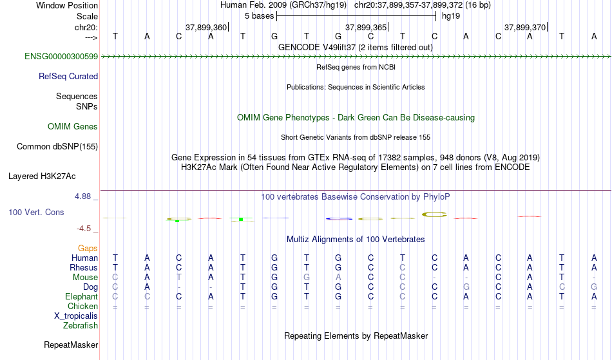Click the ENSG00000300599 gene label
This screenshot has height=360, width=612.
[x=61, y=57]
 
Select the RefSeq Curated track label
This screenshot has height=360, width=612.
[x=68, y=77]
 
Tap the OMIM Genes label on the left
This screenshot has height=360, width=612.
[x=73, y=127]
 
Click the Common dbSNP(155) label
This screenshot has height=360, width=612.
[x=57, y=147]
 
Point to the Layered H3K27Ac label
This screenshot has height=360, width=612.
[x=42, y=176]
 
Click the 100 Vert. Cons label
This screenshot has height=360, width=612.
[x=36, y=212]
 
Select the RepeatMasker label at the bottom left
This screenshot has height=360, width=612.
[x=71, y=345]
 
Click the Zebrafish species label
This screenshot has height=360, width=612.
[x=81, y=325]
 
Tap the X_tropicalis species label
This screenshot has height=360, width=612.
[x=76, y=316]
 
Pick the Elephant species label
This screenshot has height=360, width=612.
[x=82, y=296]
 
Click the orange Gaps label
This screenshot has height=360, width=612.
[x=88, y=249]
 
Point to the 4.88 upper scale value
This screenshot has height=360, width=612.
[x=83, y=196]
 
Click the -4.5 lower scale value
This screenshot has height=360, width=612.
[x=84, y=228]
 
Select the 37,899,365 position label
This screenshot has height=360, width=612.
[x=366, y=27]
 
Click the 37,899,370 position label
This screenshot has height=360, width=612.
[x=525, y=27]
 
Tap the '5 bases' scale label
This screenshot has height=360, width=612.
[x=260, y=16]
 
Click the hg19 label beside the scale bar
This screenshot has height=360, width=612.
[x=451, y=16]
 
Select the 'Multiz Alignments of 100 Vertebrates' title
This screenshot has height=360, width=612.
[x=356, y=239]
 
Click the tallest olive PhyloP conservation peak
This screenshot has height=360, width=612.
[x=434, y=214]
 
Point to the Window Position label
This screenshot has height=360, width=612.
[x=67, y=5]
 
